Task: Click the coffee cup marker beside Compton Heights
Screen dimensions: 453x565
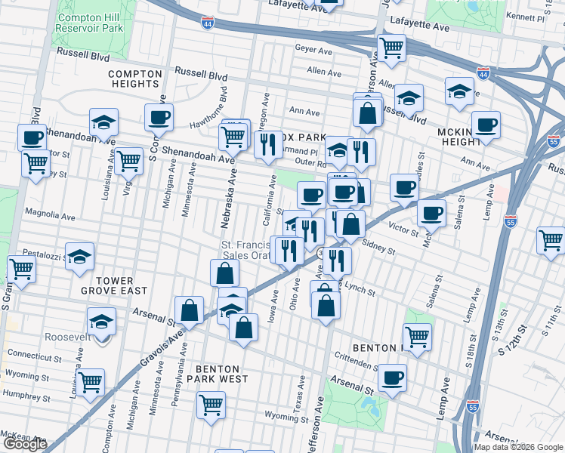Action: (x=159, y=118)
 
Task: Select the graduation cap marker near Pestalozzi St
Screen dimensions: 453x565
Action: (x=79, y=257)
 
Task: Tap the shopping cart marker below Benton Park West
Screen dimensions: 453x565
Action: (x=211, y=403)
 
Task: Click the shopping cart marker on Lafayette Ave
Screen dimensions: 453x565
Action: (x=391, y=48)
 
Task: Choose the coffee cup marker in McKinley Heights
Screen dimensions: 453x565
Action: (x=486, y=125)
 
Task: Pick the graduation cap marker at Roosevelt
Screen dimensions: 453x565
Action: (x=102, y=322)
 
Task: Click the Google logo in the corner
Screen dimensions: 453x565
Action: (x=25, y=445)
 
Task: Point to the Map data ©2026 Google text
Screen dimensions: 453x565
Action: (x=517, y=447)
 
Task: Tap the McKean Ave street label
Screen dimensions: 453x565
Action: (x=23, y=436)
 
